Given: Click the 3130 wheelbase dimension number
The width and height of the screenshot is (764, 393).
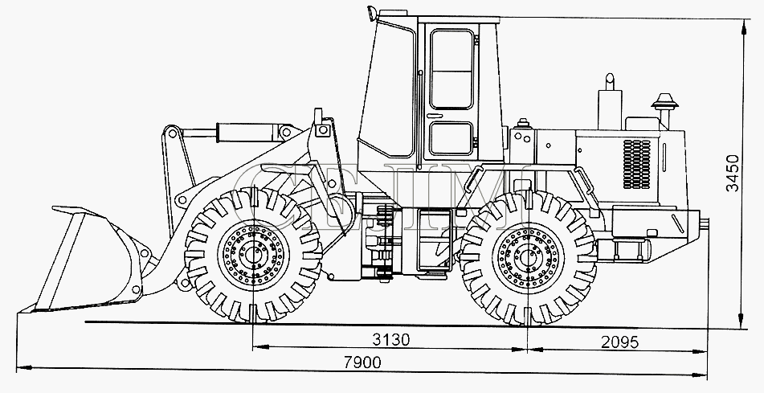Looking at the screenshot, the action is pyautogui.click(x=390, y=339).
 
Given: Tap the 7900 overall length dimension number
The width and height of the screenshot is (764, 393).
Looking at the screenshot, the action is pyautogui.click(x=362, y=362).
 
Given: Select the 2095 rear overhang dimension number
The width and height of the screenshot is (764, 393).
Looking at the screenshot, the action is pyautogui.click(x=619, y=342).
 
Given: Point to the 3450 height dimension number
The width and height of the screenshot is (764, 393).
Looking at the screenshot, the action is pyautogui.click(x=733, y=173).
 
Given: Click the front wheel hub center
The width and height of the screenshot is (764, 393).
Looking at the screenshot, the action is pyautogui.click(x=253, y=255).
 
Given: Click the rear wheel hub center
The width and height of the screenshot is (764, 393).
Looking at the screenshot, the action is pyautogui.click(x=529, y=257).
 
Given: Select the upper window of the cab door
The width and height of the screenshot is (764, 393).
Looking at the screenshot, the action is pyautogui.click(x=452, y=69).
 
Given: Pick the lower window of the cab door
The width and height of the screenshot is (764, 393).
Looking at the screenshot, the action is pyautogui.click(x=451, y=138).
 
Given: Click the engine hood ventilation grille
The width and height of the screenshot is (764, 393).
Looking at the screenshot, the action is pyautogui.click(x=636, y=164).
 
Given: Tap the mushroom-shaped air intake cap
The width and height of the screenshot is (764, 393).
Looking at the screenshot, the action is pyautogui.click(x=664, y=102).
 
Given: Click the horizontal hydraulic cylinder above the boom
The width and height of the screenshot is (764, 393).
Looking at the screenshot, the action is pyautogui.click(x=248, y=132).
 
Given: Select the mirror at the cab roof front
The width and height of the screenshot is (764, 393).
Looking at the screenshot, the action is pyautogui.click(x=372, y=13).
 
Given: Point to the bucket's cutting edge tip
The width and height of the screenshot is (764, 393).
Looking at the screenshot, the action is pyautogui.click(x=19, y=312).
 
